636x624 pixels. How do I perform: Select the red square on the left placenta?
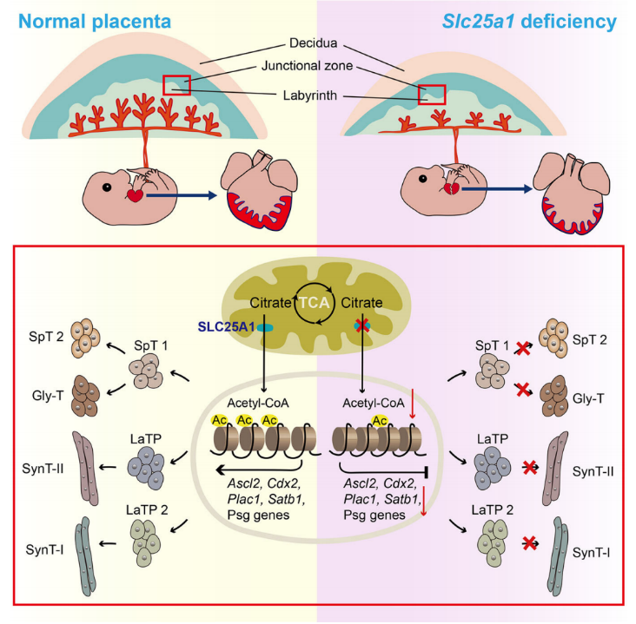point(178,85)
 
